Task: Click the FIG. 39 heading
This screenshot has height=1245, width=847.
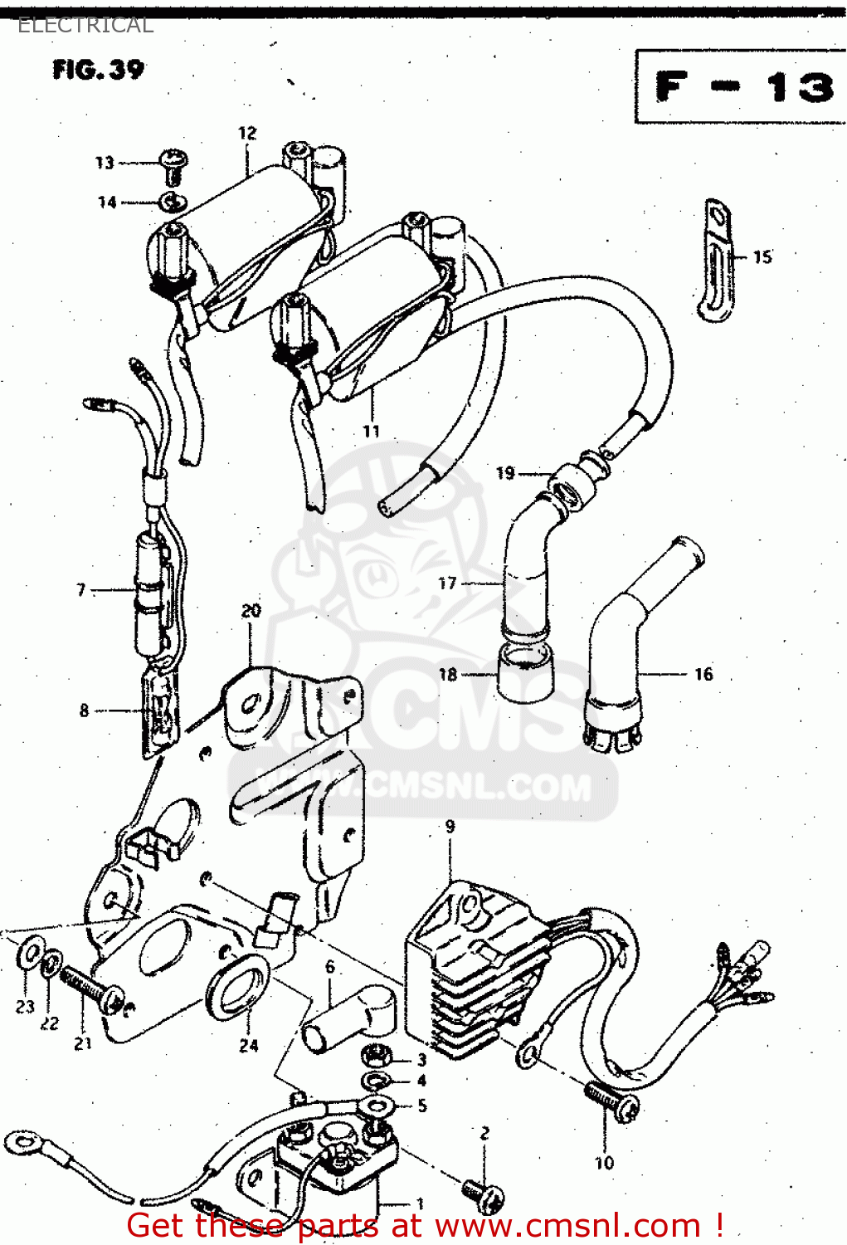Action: [98, 69]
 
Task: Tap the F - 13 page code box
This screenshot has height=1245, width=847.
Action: [742, 86]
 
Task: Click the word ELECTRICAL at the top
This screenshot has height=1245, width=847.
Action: [85, 25]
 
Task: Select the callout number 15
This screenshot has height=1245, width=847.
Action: [762, 256]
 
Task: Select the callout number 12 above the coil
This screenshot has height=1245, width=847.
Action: [247, 133]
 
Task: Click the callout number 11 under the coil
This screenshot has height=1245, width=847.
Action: [371, 431]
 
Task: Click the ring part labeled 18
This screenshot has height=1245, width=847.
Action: [525, 675]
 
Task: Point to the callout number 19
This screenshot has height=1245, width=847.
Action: [505, 473]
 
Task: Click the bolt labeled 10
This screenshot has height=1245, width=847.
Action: [612, 1101]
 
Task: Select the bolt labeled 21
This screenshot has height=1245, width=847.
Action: [91, 988]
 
